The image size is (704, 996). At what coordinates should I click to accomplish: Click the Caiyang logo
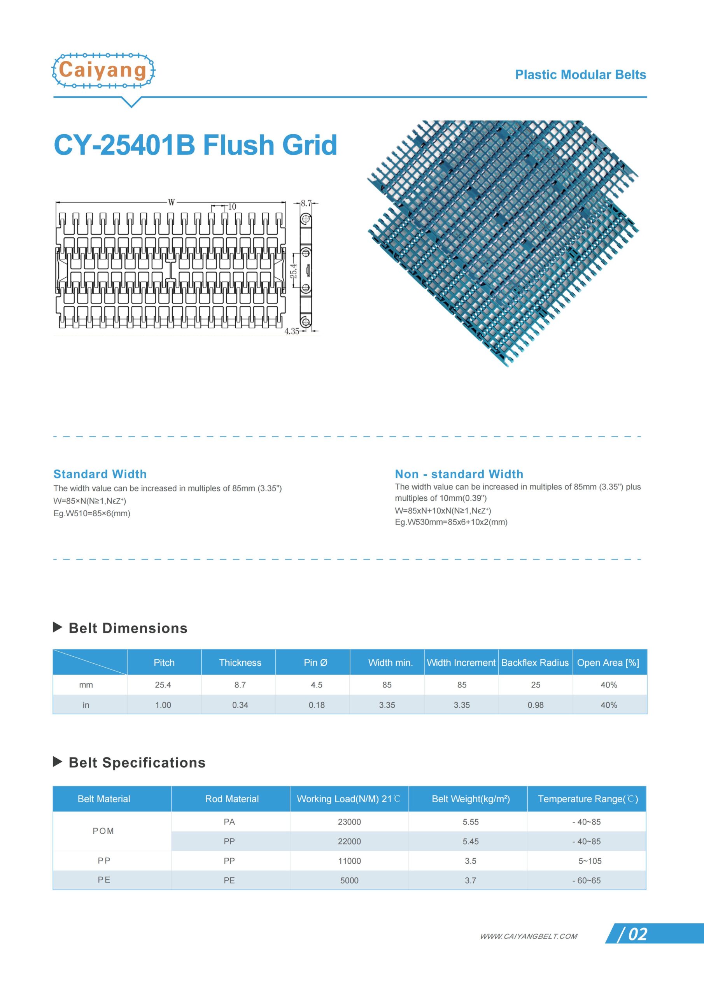[103, 71]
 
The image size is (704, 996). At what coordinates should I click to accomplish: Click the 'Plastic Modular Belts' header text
[580, 75]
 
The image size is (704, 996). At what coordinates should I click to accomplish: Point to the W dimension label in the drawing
[172, 203]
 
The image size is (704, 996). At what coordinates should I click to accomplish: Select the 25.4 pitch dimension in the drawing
[294, 271]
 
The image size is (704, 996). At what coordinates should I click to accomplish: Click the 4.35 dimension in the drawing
[291, 331]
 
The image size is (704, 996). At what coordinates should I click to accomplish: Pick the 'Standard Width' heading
[100, 474]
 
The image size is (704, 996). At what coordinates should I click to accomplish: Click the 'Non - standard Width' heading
[459, 474]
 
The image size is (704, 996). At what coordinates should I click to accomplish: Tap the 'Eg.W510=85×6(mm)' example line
[92, 514]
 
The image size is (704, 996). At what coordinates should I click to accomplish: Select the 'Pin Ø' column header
[315, 663]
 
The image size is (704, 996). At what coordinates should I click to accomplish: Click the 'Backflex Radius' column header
[535, 663]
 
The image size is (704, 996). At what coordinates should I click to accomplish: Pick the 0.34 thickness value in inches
[240, 705]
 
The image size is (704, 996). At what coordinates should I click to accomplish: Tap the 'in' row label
[86, 705]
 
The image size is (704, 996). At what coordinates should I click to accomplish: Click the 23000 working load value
[349, 822]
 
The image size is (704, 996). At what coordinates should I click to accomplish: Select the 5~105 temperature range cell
[590, 861]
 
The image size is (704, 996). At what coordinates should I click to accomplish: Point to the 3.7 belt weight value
[470, 880]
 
